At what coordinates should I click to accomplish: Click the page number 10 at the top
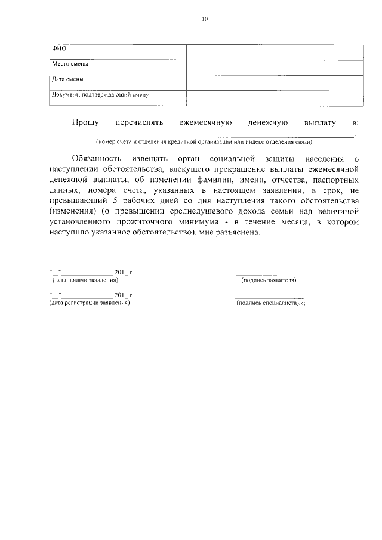(205, 19)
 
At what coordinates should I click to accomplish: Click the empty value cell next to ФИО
(275, 51)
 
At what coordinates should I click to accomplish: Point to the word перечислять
(139, 122)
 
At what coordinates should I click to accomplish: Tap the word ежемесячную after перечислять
(205, 122)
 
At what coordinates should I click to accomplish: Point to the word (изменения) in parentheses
(72, 211)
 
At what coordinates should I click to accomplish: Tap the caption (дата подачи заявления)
(85, 279)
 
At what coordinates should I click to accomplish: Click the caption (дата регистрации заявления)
(90, 303)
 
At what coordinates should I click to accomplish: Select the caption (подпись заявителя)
(269, 280)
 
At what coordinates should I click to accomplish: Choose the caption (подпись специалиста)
(271, 303)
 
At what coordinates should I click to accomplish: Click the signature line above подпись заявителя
(269, 274)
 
